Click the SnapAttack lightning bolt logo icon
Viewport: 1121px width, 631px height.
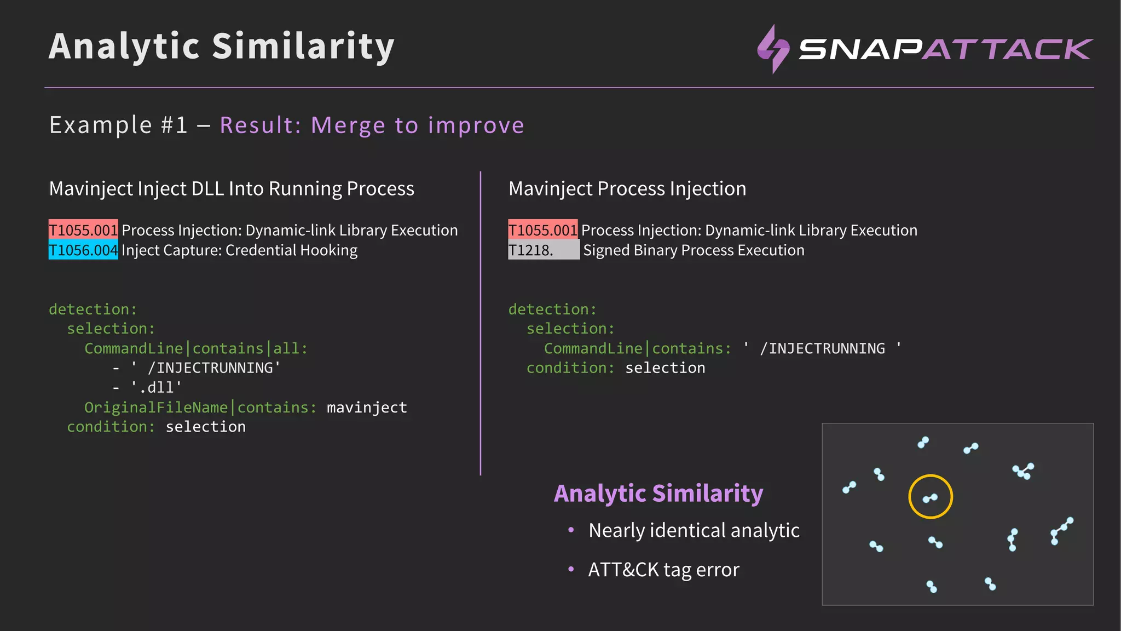tap(773, 49)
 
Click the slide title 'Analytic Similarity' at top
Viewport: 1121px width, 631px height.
tap(221, 46)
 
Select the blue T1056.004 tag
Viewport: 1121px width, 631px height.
tap(83, 250)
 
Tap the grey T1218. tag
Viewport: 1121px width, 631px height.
tap(543, 250)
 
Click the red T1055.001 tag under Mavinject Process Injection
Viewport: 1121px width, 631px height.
tap(542, 230)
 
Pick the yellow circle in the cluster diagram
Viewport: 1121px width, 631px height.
tap(931, 497)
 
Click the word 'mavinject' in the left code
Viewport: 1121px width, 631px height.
tap(367, 408)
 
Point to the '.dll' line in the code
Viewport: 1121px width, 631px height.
tap(155, 388)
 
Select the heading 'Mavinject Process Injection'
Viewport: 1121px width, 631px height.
tap(627, 188)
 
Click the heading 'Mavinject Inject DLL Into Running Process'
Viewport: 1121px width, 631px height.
tap(232, 188)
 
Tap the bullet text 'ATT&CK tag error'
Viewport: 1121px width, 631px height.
tap(663, 570)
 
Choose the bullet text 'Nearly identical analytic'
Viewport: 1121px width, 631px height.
tap(694, 530)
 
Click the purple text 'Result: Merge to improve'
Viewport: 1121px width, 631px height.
tap(372, 125)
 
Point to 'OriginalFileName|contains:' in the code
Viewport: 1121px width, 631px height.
tap(200, 408)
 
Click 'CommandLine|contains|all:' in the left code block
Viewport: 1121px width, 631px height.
tap(196, 348)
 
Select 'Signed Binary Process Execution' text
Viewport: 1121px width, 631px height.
tap(694, 250)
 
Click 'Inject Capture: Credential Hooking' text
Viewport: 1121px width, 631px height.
tap(239, 250)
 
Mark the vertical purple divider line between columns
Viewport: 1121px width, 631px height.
tap(481, 323)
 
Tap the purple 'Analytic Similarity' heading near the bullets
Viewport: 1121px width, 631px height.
tap(658, 493)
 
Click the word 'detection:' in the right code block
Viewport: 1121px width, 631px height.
tap(552, 309)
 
